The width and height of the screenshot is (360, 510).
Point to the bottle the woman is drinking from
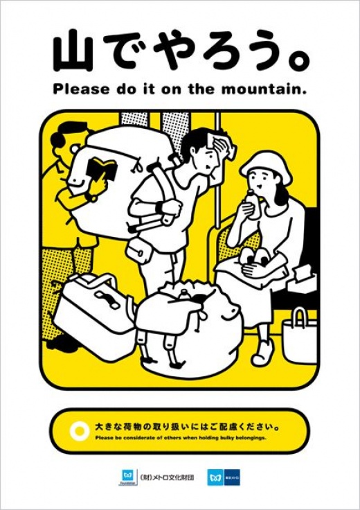coord(249,206)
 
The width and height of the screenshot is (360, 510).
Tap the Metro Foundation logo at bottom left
coord(127,477)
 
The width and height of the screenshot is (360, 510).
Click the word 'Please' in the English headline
coord(77,89)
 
